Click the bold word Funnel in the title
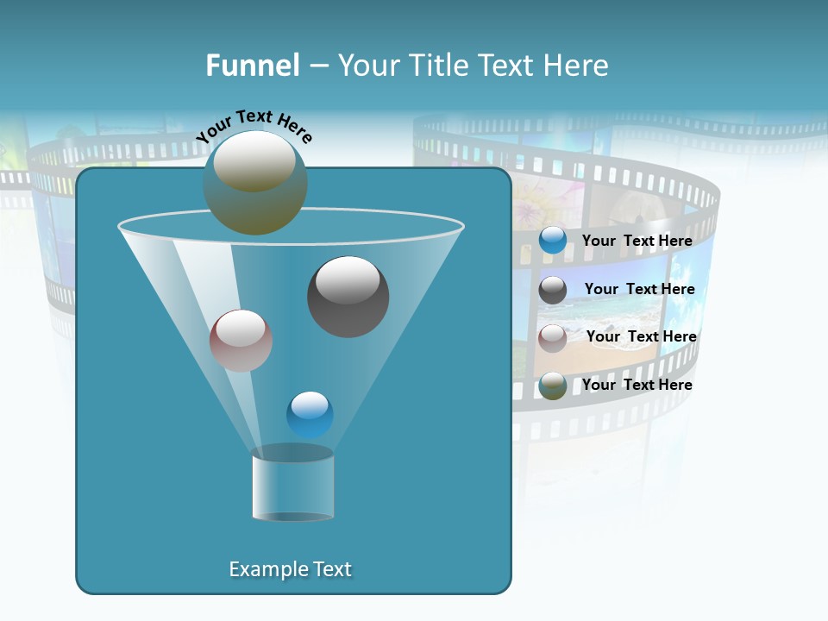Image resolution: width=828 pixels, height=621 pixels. click(x=252, y=66)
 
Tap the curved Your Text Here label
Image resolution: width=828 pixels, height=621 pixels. click(x=254, y=126)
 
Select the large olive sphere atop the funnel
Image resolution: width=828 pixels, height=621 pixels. click(x=254, y=183)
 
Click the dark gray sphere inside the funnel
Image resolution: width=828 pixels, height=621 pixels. click(x=348, y=297)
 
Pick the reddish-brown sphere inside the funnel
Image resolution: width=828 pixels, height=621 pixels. click(x=241, y=341)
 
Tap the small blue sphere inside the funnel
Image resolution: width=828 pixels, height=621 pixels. click(x=310, y=415)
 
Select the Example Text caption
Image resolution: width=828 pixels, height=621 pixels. click(x=290, y=569)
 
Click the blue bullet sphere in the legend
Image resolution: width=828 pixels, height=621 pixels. click(x=553, y=241)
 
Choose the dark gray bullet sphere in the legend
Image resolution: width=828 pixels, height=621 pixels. click(x=553, y=290)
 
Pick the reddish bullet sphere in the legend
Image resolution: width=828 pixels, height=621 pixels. click(x=553, y=337)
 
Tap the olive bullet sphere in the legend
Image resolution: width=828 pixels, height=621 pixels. click(x=553, y=386)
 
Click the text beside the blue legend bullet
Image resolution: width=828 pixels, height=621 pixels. click(x=637, y=241)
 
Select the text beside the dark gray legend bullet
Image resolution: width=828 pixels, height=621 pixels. click(x=639, y=289)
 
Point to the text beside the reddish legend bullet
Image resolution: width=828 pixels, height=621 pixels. click(x=641, y=336)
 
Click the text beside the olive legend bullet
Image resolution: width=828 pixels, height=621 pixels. click(x=637, y=385)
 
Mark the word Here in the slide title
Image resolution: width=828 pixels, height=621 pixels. click(x=578, y=66)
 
